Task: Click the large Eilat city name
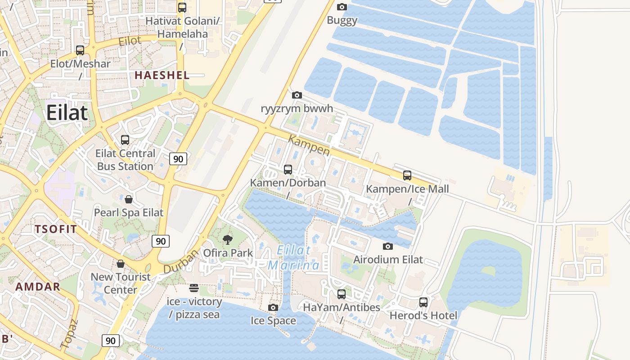point(67,112)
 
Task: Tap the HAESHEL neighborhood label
point(162,75)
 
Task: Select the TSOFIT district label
point(56,229)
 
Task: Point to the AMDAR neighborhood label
point(38,287)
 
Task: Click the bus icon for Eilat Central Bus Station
point(125,140)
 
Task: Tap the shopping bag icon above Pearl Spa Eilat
point(129,199)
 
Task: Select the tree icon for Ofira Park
point(228,239)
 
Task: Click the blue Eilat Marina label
point(294,257)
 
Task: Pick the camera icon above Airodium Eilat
point(388,246)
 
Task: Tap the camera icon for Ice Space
point(273,307)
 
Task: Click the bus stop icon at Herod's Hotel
point(423,302)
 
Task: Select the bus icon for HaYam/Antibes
point(342,294)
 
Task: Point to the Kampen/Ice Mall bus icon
point(407,175)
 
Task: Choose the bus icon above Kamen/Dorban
point(288,170)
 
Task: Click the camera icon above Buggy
point(342,7)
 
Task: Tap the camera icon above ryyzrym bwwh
point(297,95)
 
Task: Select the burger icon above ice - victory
point(194,288)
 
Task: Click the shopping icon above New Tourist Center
point(120,263)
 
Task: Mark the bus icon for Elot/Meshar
point(80,50)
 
